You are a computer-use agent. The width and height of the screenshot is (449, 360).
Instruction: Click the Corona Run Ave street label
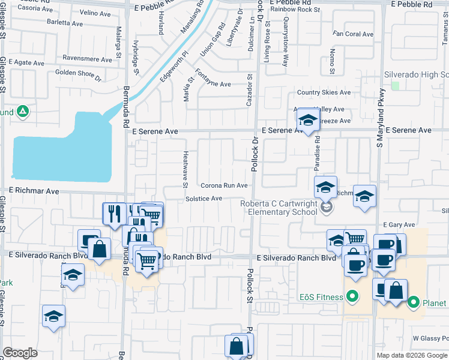click(224, 186)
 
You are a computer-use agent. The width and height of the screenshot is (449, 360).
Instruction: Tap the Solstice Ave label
click(203, 199)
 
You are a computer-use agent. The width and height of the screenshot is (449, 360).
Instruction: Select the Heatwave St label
click(185, 169)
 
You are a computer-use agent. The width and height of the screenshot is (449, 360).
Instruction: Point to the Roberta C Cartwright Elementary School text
click(279, 208)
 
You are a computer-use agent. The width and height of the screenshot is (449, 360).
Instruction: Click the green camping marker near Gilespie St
click(22, 112)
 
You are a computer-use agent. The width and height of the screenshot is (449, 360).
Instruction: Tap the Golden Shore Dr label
click(79, 73)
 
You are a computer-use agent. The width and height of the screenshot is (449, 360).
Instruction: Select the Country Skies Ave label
click(324, 92)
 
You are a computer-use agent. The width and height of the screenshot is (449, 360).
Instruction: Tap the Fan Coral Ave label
click(354, 34)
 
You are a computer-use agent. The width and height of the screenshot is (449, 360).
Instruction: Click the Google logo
click(20, 353)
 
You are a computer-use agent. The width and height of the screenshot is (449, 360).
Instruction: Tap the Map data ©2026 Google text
click(412, 355)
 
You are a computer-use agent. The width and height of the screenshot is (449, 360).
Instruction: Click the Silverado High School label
click(416, 74)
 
